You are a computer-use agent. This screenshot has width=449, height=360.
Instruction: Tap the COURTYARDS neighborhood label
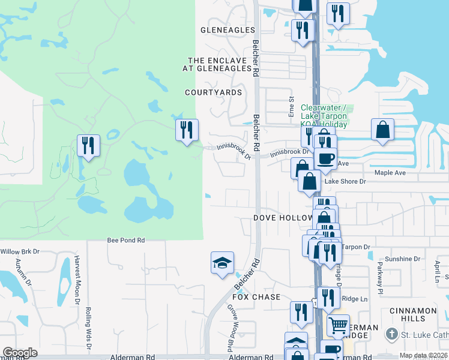point(214,92)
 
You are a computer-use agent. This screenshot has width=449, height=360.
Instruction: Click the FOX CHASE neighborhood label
point(256,297)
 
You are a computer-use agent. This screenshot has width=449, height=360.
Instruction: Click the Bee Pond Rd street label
point(126,240)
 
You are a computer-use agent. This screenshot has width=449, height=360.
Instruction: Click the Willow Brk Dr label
point(19,251)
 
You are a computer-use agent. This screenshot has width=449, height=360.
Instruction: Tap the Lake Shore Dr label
point(340,181)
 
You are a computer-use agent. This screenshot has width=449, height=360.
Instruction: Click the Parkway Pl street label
point(379,273)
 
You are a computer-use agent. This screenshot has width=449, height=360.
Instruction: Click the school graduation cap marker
point(222,263)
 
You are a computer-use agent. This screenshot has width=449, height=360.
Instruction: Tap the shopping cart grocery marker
point(338,325)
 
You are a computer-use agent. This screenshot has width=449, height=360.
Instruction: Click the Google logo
point(20,353)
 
